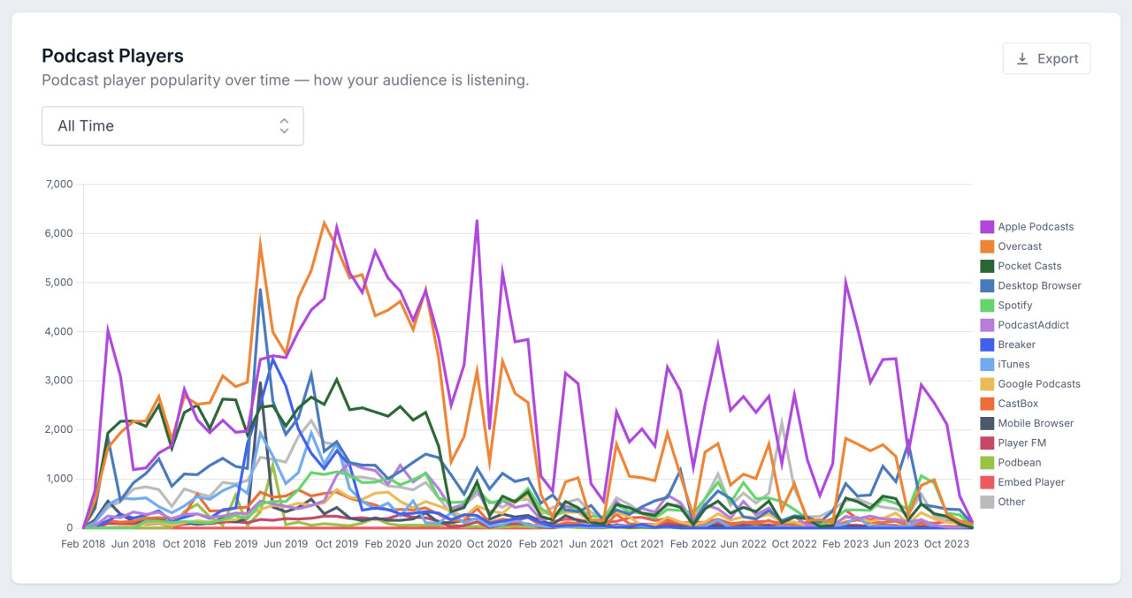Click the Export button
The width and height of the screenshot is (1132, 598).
click(1046, 58)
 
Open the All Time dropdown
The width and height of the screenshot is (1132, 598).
click(172, 125)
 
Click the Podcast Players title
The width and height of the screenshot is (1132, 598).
click(112, 56)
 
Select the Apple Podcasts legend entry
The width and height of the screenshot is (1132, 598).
click(1035, 227)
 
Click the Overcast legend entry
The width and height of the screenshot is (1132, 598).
click(1020, 246)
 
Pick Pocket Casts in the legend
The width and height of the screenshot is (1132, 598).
click(1029, 266)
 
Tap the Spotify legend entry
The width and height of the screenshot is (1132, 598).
click(1015, 306)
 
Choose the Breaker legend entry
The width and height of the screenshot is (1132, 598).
click(1016, 344)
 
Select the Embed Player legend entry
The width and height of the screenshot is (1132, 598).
click(1031, 482)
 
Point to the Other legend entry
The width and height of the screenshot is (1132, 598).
click(1012, 502)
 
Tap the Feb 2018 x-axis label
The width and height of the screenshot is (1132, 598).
click(82, 544)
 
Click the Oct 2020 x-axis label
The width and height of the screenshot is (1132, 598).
click(487, 544)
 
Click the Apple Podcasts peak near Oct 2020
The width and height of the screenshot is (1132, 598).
click(477, 221)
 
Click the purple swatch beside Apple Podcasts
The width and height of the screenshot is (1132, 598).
click(987, 227)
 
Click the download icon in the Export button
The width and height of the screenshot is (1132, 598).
click(1022, 58)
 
